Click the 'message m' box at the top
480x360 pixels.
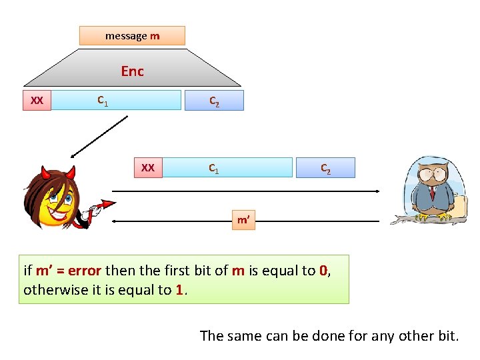(x=132, y=35)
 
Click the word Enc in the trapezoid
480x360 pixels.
(x=132, y=71)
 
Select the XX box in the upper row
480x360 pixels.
(x=37, y=101)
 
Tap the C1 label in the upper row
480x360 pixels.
(x=103, y=101)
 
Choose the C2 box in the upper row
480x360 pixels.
(x=215, y=101)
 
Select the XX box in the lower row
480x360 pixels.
(x=148, y=167)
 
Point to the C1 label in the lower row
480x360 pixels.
(x=214, y=168)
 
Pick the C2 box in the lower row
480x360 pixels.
(x=326, y=168)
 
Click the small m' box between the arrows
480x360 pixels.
(x=243, y=219)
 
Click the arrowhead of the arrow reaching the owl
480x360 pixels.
(x=377, y=191)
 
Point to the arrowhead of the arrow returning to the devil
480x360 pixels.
(x=115, y=221)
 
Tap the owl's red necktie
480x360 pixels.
(x=433, y=193)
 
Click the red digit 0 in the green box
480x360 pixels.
(x=323, y=271)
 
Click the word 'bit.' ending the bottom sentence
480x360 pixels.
(x=447, y=335)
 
